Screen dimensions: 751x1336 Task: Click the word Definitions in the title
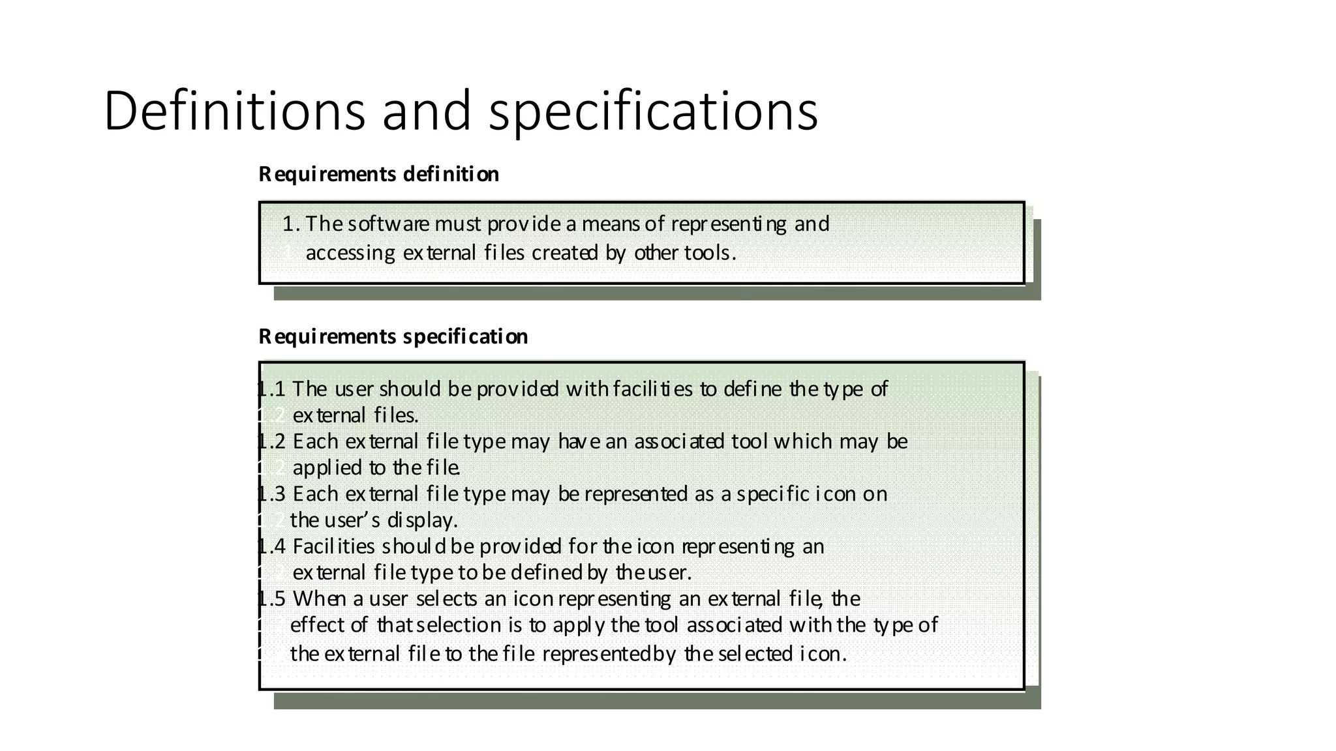pos(234,111)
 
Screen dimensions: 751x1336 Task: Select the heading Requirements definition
pos(378,174)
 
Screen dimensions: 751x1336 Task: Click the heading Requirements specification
pos(393,336)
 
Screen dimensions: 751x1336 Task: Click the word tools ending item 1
pos(707,252)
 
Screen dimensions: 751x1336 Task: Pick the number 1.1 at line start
pos(272,389)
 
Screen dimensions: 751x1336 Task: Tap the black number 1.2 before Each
pos(272,441)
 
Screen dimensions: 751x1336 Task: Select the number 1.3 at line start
pos(272,493)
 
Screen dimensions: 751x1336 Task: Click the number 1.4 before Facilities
pos(272,546)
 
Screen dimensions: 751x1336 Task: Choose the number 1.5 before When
pos(272,598)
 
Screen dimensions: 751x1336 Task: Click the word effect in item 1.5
pos(317,625)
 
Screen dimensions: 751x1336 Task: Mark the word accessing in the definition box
pos(350,253)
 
